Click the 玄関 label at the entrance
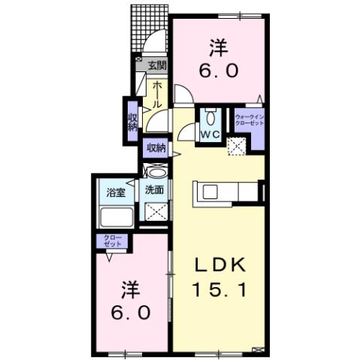click(157, 66)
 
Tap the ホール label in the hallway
click(157, 95)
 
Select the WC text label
click(209, 135)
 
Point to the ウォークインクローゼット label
click(250, 120)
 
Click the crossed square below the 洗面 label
click(156, 212)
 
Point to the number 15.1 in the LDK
click(219, 287)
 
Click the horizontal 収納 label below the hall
click(156, 147)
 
